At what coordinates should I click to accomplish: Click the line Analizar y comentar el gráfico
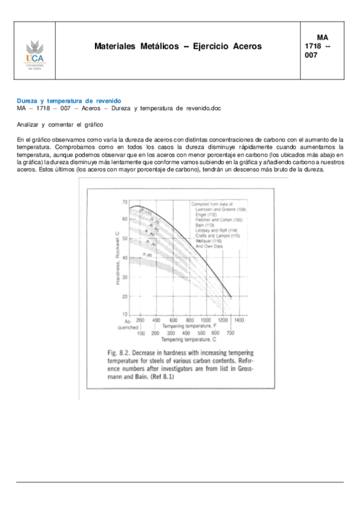[60, 124]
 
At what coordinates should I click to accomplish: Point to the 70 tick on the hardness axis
[124, 201]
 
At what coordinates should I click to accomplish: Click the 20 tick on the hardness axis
[124, 296]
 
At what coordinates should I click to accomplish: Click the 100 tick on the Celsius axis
[141, 333]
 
